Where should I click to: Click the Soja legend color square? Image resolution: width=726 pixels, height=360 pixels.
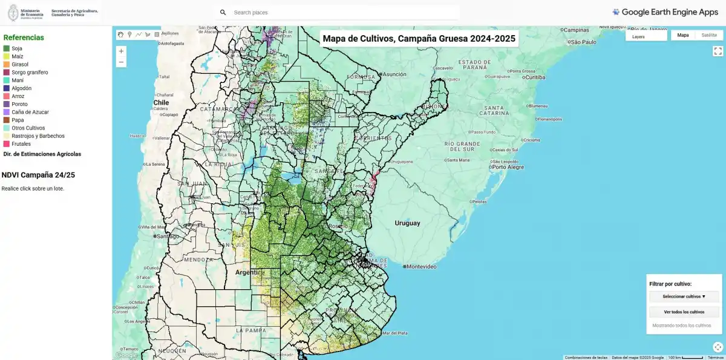pyautogui.click(x=6, y=48)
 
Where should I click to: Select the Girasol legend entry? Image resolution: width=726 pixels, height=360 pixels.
pyautogui.click(x=20, y=64)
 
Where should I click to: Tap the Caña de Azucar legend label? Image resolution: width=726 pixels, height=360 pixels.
pyautogui.click(x=30, y=112)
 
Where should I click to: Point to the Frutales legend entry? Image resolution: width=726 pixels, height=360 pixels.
pyautogui.click(x=22, y=144)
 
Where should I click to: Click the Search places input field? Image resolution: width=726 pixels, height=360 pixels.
pyautogui.click(x=339, y=12)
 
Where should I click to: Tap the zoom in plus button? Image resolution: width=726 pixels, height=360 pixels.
pyautogui.click(x=121, y=51)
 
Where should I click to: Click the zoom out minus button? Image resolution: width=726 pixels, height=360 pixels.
pyautogui.click(x=121, y=62)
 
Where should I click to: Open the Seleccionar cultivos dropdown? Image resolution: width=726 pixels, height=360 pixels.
pyautogui.click(x=684, y=296)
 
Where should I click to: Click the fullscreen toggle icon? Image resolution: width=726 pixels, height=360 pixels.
pyautogui.click(x=718, y=51)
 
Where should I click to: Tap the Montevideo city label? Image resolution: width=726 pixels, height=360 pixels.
pyautogui.click(x=423, y=267)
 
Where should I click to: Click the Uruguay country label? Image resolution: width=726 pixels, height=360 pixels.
pyautogui.click(x=407, y=223)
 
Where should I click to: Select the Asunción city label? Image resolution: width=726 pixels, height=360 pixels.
pyautogui.click(x=394, y=74)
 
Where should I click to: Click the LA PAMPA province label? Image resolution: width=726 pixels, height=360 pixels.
pyautogui.click(x=248, y=330)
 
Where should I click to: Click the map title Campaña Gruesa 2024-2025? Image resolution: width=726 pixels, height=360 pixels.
pyautogui.click(x=419, y=39)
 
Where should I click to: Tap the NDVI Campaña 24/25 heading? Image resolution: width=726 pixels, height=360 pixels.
pyautogui.click(x=38, y=175)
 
